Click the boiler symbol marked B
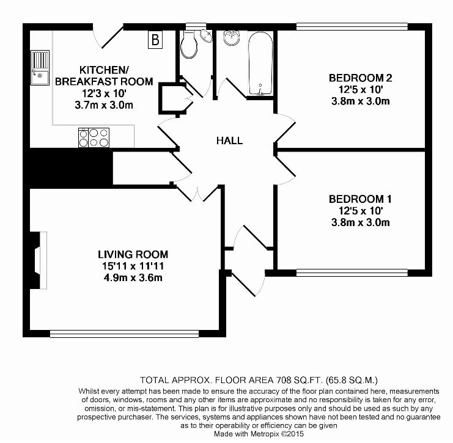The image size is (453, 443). point(155,39)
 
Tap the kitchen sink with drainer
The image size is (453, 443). point(40,68)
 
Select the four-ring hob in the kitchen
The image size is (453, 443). point(94,137)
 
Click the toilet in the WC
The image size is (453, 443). point(189,44)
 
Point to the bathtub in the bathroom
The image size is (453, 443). point(260,64)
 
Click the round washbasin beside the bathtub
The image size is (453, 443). point(232,37)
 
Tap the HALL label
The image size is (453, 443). point(230,141)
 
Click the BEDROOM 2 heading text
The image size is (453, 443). point(361,78)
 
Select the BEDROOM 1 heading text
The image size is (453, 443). point(360,199)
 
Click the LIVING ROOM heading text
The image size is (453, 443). point(133,254)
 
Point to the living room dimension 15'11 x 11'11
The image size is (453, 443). point(133,266)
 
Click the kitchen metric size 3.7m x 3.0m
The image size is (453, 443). point(104,105)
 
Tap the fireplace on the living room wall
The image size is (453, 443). point(39,260)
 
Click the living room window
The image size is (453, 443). point(125,334)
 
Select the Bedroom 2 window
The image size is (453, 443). point(352,26)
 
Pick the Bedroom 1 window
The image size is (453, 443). point(352,273)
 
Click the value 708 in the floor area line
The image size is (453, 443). point(284,380)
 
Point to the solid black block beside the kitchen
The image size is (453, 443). point(68,168)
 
